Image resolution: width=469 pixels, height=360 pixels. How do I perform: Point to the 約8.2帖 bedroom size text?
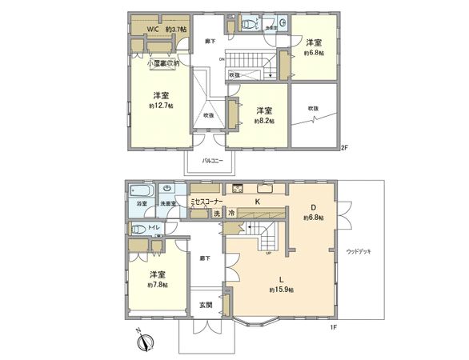(264, 121)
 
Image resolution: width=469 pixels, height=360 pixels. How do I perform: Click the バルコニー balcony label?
(210, 160)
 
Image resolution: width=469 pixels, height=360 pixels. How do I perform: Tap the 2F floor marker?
(345, 148)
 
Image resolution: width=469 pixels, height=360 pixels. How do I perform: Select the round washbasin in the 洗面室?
(167, 189)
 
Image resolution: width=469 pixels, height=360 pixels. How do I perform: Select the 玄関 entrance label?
(206, 305)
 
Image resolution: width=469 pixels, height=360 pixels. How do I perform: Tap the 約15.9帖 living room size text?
(281, 290)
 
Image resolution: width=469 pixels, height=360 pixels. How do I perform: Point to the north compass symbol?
(145, 342)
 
